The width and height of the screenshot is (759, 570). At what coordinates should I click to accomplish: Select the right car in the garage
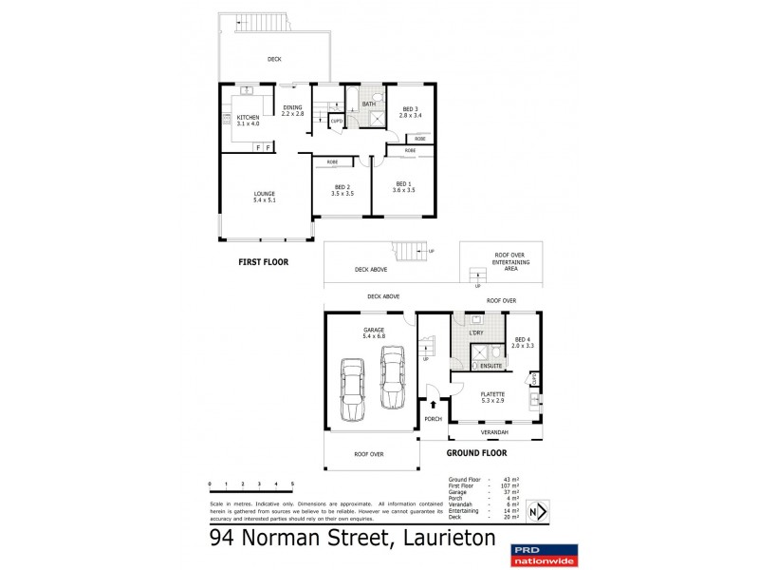pos(393,376)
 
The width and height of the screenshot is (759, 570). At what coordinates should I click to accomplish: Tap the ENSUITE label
pos(491,365)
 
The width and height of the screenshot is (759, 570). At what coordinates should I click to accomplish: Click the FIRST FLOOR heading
pos(264,261)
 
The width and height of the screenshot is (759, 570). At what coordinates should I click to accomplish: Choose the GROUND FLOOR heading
pos(501,453)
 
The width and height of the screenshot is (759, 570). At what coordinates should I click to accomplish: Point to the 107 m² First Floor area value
pos(508,485)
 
